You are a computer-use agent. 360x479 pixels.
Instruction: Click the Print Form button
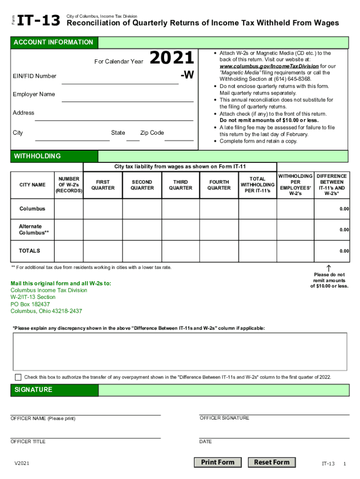click(217, 462)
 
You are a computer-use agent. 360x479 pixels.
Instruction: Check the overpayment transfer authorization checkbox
click(18, 377)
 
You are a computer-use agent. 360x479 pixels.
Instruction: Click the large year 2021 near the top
click(171, 58)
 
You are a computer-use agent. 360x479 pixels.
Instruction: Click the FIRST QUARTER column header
click(103, 185)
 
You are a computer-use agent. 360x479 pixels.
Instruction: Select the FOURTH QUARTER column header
click(219, 185)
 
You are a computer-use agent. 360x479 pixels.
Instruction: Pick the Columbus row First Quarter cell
click(103, 209)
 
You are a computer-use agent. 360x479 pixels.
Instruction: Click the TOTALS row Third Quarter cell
click(180, 251)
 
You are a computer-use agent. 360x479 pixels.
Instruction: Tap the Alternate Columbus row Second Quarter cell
click(142, 230)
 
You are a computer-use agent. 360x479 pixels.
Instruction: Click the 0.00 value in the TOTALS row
click(344, 251)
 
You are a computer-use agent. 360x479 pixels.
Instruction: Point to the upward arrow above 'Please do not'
click(329, 268)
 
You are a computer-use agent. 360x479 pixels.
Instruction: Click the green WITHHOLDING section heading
click(37, 156)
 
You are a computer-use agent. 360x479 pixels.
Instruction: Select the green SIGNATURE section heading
click(33, 390)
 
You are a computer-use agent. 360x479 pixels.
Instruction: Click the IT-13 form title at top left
click(39, 20)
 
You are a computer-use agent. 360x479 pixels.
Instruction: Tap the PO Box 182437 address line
click(30, 304)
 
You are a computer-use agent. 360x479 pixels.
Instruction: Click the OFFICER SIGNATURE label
click(224, 418)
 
